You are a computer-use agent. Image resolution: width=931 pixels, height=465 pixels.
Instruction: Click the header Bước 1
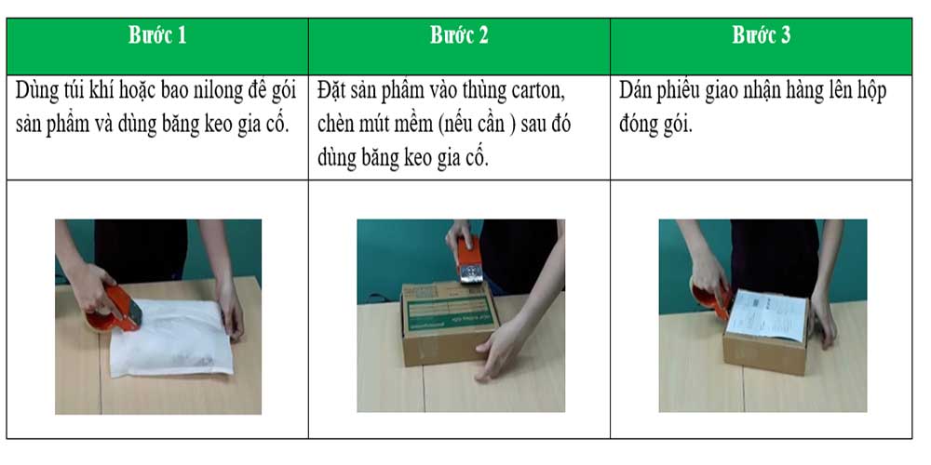coord(157,36)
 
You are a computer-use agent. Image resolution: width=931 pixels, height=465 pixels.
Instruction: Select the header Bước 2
coord(459,36)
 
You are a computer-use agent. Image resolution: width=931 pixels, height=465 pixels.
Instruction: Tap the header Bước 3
coord(761,36)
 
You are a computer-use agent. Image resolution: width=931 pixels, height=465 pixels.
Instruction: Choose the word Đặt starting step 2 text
coord(333,93)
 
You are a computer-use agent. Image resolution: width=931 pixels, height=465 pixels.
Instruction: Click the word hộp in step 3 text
coord(870,93)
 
